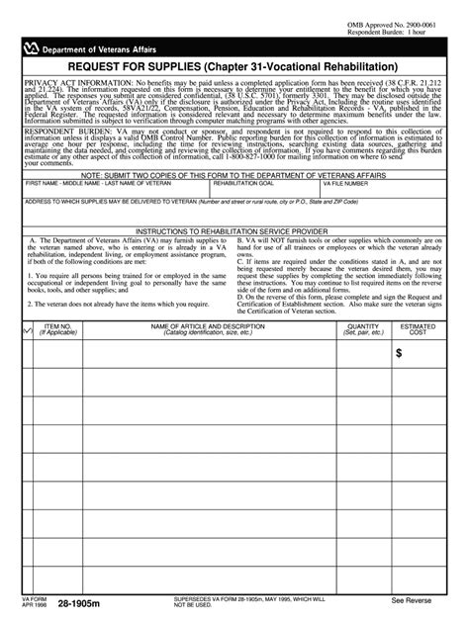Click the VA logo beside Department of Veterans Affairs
38,42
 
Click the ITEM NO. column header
57,328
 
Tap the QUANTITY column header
362,328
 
